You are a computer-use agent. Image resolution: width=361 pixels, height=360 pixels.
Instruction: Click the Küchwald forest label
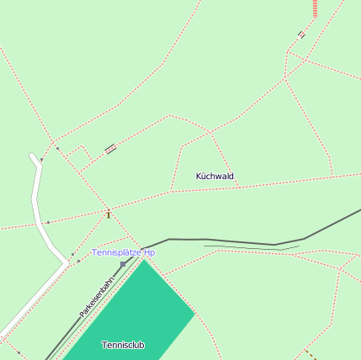[215, 177]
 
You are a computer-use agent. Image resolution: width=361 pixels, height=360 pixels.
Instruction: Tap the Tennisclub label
[123, 345]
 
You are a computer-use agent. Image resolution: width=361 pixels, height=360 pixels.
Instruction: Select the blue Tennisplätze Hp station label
[123, 252]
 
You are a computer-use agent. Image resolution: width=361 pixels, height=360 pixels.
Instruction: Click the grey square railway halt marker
[123, 264]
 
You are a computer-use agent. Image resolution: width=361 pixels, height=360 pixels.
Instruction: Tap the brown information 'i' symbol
[109, 214]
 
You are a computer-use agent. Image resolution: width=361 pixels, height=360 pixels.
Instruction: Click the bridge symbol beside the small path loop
[110, 150]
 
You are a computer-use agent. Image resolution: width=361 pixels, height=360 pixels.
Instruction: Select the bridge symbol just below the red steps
[301, 34]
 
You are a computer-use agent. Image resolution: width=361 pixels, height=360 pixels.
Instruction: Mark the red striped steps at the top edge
[315, 8]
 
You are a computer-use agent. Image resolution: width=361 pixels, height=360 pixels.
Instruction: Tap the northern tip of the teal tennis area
[145, 260]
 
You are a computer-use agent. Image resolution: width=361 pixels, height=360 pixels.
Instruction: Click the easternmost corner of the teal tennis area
[194, 315]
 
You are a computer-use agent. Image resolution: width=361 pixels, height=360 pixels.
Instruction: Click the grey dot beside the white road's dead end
[41, 159]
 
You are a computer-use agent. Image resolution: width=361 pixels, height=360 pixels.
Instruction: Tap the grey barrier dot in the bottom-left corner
[19, 352]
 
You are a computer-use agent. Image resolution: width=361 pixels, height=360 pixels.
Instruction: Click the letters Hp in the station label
[149, 252]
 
